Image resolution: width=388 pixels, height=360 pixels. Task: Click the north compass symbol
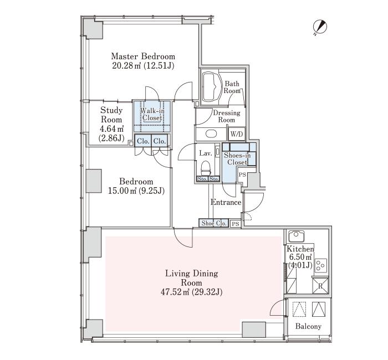click(x=320, y=27)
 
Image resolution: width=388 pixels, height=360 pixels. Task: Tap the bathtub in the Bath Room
click(x=212, y=87)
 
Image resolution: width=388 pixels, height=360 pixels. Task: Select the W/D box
click(x=237, y=134)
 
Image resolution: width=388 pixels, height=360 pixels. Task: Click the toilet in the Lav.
click(x=206, y=168)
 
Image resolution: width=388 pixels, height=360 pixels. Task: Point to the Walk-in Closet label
click(x=152, y=114)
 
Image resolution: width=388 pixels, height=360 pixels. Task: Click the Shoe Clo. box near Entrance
click(x=213, y=223)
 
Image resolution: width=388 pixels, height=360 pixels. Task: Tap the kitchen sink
click(x=297, y=236)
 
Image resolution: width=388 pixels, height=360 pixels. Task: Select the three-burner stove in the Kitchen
click(x=321, y=265)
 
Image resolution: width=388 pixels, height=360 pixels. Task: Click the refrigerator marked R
click(x=320, y=286)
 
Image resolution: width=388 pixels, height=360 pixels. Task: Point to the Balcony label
click(x=308, y=326)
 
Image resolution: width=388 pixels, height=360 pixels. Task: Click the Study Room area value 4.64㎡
click(x=112, y=129)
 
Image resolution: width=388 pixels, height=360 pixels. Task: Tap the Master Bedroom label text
click(x=143, y=56)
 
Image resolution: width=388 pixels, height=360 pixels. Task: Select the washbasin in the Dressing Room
click(x=211, y=134)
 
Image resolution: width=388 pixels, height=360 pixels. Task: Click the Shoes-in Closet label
click(x=237, y=159)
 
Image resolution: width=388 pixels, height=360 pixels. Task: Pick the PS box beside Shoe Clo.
click(x=236, y=224)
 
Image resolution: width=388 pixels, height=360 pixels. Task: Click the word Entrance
click(x=226, y=202)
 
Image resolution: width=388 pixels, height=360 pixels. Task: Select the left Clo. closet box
click(x=143, y=141)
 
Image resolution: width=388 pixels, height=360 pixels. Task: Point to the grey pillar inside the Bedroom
click(x=94, y=181)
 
